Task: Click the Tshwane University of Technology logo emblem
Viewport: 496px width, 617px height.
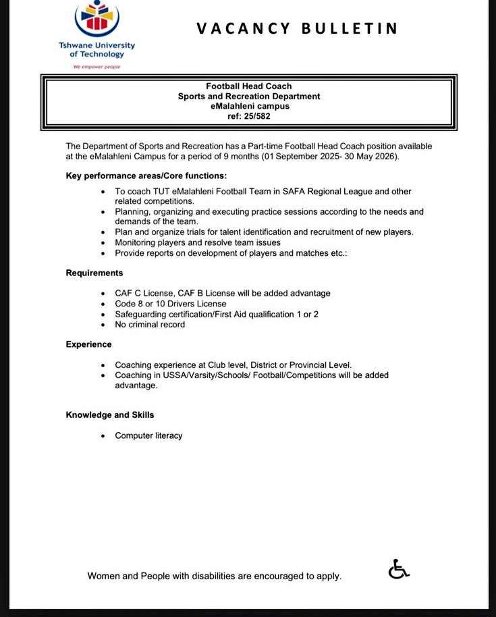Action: pos(97,19)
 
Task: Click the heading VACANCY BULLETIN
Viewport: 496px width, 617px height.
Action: pos(297,28)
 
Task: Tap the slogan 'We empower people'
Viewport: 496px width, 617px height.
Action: pos(97,67)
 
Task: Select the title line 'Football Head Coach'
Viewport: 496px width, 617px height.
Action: pos(248,86)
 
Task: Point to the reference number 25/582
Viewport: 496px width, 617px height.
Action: pos(256,116)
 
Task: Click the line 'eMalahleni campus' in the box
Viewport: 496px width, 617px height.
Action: pos(249,106)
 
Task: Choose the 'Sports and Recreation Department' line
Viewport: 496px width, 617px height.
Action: pos(249,97)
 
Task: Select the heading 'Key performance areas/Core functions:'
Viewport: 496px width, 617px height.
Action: pos(146,176)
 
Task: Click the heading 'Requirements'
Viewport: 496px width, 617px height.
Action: pos(94,273)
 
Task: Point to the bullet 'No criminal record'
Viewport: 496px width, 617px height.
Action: pos(150,325)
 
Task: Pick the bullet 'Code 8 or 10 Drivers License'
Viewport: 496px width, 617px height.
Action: pos(170,304)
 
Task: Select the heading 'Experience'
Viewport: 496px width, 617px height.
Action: pos(88,344)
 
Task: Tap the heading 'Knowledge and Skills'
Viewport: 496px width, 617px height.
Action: pos(109,414)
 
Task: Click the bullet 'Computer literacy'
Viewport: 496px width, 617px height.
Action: pos(148,435)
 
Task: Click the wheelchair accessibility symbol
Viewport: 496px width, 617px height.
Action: pos(399,570)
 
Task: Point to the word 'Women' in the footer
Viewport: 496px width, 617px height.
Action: pos(104,576)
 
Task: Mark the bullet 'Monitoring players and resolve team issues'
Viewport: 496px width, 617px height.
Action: pos(198,242)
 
